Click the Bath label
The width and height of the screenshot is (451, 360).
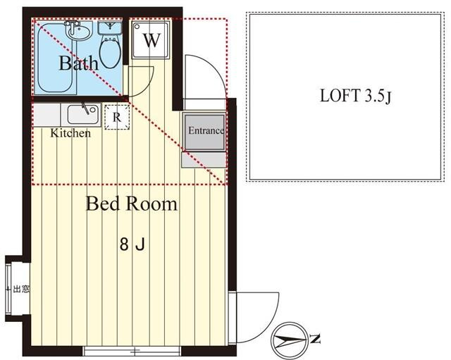coord(78,63)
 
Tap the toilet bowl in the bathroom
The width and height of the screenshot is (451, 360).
coord(110,53)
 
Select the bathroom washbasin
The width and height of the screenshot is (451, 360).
coord(78,31)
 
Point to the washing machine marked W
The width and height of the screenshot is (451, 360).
coord(151,40)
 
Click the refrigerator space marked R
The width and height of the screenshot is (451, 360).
coord(116,117)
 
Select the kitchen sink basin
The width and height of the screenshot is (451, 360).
coord(83,114)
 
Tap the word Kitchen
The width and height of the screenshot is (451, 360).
coord(70,133)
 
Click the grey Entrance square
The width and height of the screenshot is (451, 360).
coord(205,132)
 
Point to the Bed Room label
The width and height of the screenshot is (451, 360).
coord(132,204)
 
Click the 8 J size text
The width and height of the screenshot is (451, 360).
coord(132,245)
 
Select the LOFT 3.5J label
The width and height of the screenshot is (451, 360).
coord(355,96)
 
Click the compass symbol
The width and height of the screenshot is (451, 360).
coord(290,340)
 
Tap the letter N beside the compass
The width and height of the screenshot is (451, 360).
coord(316,340)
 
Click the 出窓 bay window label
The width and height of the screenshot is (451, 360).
coord(21,289)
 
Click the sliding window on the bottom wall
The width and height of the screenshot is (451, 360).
coord(132,351)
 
